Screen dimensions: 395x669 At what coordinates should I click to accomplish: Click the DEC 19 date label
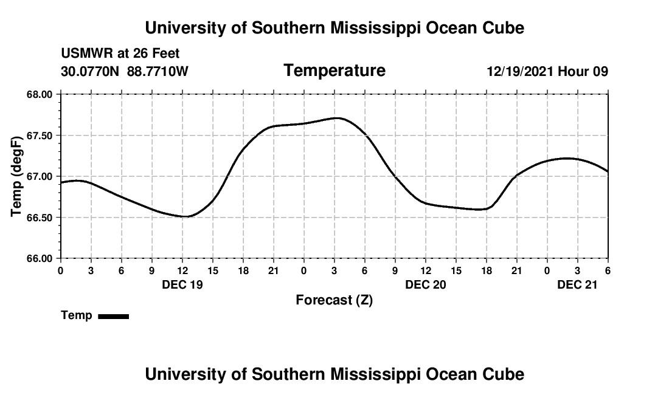coord(182,284)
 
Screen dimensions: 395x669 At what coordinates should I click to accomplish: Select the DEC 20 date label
coord(426,284)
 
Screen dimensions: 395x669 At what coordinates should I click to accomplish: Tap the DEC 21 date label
coord(578,284)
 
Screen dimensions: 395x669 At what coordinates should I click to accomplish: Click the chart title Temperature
coord(334,70)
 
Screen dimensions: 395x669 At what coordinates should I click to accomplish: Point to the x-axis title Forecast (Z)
coord(334,300)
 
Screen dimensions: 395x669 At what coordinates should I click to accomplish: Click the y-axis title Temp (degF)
coord(18,176)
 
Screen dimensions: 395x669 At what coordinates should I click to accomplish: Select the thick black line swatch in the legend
coord(114,316)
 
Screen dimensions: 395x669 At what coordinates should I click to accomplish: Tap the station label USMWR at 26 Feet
coord(120,53)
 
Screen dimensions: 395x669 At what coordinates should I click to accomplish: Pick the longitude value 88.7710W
coord(158,71)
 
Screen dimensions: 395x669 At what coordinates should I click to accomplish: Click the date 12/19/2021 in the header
coord(520,71)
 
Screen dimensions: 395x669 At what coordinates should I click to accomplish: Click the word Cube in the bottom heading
coord(502,374)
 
